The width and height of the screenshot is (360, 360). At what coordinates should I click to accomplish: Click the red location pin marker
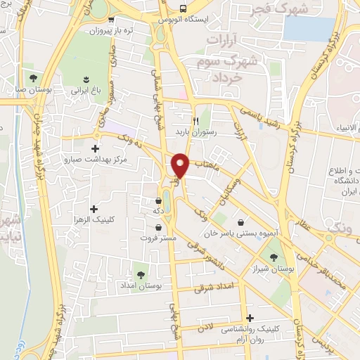coord(181,165)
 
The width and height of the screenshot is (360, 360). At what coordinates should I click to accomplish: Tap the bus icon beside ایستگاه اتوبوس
coord(183,10)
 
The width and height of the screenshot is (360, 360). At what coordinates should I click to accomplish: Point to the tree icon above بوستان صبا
coord(32,77)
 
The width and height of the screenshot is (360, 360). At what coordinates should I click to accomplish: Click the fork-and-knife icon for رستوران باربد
coord(205,120)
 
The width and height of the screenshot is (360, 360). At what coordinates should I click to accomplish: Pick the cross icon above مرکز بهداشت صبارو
coord(96,148)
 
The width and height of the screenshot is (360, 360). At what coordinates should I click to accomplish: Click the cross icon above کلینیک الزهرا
coord(94,209)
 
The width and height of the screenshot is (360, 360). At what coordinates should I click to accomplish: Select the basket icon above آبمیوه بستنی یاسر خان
coord(242,222)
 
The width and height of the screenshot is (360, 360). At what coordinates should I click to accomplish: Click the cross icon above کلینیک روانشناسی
coord(250,318)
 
